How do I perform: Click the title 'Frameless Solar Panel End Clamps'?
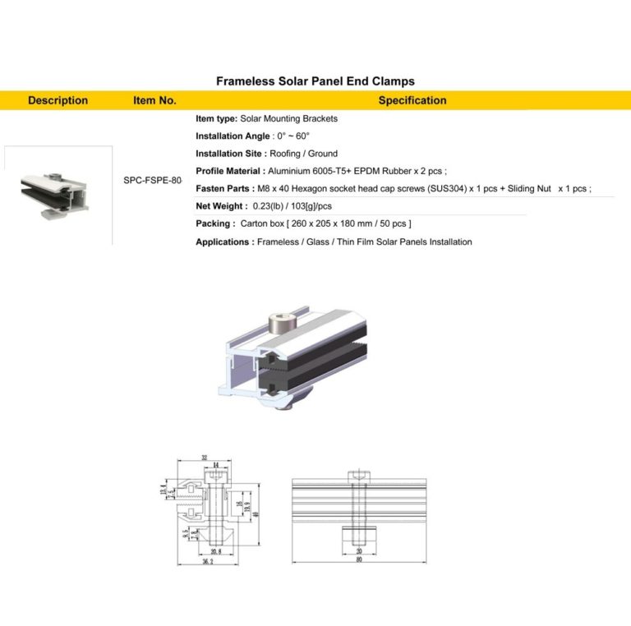(x=315, y=81)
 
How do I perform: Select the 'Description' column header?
(x=58, y=100)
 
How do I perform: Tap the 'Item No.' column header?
(x=154, y=100)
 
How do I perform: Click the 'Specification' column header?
(x=412, y=100)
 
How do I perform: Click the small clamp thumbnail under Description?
(x=58, y=194)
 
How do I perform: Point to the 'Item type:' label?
(x=217, y=118)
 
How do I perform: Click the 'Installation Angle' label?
(x=233, y=136)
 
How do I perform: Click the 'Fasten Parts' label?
(x=224, y=188)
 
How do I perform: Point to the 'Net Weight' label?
(x=221, y=206)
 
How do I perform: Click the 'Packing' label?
(x=213, y=223)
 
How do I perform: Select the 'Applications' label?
(x=223, y=242)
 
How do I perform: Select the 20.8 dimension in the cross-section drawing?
(x=216, y=550)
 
